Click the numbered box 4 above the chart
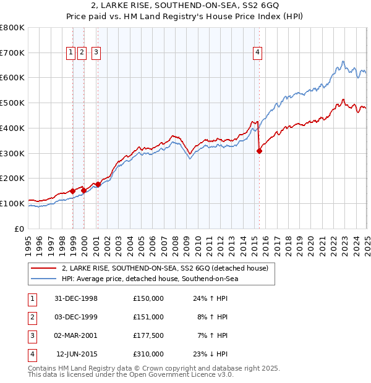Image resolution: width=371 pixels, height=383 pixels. (x=256, y=53)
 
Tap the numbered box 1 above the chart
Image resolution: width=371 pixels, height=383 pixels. (x=72, y=53)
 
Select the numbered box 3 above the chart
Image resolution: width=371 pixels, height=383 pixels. (x=96, y=53)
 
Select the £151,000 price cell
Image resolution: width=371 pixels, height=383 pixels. (x=148, y=317)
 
